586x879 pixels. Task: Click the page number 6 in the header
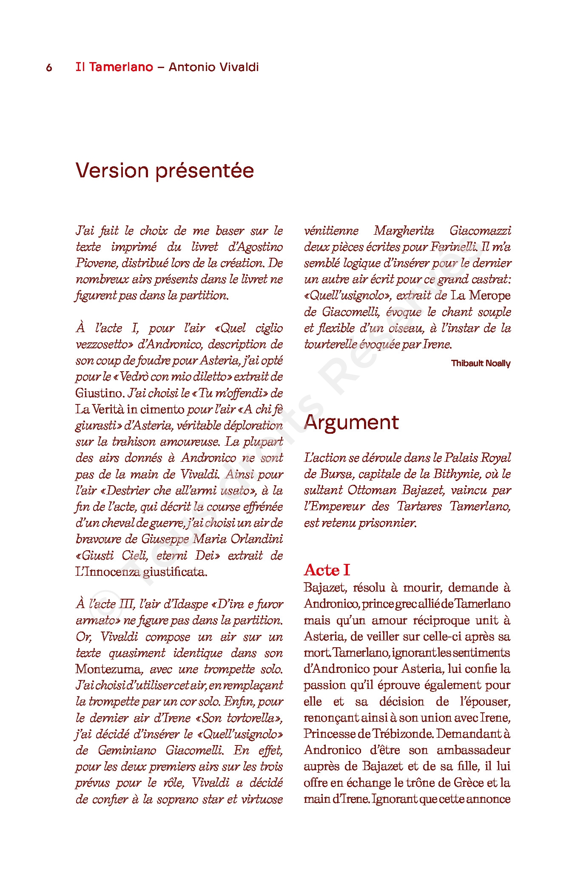[49, 68]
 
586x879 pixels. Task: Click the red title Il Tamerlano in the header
[114, 67]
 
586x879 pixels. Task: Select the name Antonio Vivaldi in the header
[213, 67]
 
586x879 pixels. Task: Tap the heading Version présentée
[165, 171]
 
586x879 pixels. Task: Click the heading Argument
[351, 422]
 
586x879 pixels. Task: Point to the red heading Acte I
[327, 569]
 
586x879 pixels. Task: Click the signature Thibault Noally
[481, 363]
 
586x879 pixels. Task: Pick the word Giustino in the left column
[99, 393]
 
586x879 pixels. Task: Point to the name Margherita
[404, 230]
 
